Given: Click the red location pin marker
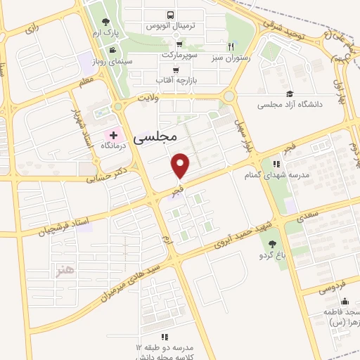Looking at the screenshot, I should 181,166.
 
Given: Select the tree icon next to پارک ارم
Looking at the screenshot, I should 105,22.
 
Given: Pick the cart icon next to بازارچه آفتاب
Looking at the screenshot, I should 176,70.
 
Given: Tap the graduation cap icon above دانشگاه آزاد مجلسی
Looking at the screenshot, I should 290,94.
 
